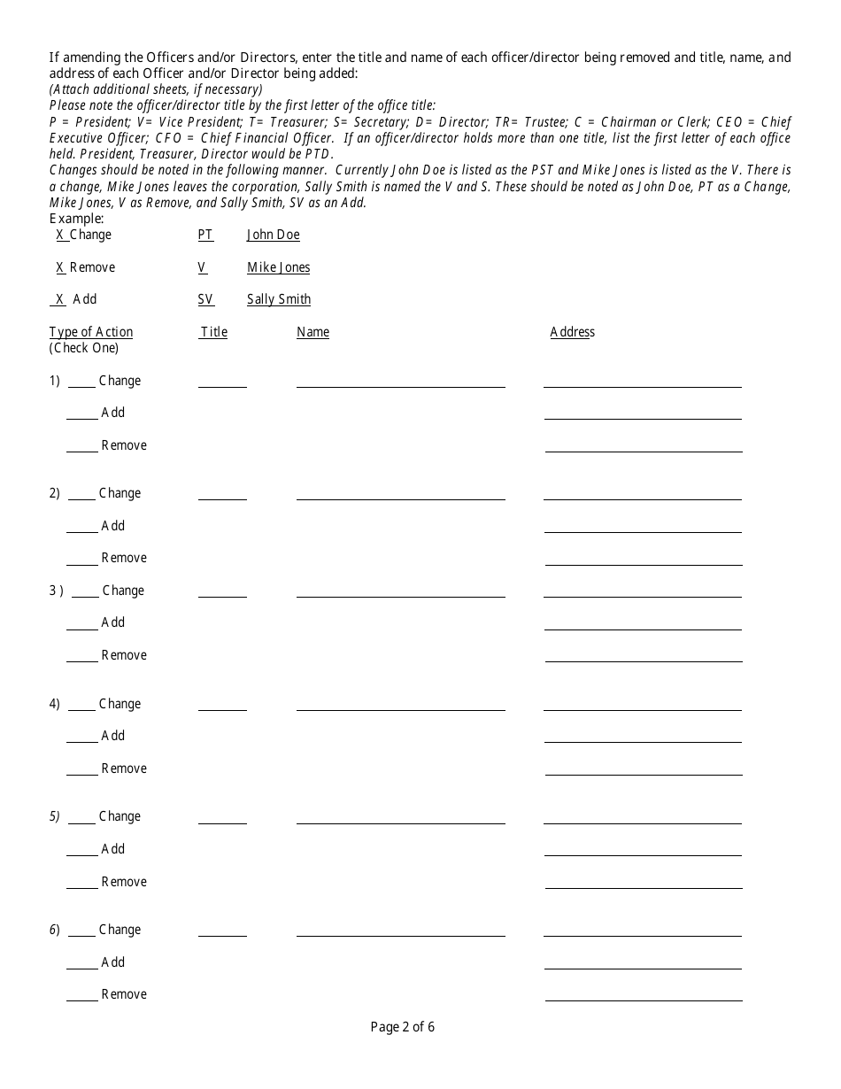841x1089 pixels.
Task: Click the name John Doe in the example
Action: point(273,235)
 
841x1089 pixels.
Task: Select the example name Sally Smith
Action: point(279,299)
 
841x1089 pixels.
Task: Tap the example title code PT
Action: point(205,235)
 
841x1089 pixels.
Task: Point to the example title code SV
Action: point(205,299)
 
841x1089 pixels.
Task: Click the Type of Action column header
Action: point(91,332)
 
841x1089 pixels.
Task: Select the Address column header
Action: point(572,332)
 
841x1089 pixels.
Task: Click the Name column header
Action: point(312,332)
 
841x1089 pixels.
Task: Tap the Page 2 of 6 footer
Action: point(402,1027)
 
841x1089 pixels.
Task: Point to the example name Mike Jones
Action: point(278,267)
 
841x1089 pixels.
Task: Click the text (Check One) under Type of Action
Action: point(83,348)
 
